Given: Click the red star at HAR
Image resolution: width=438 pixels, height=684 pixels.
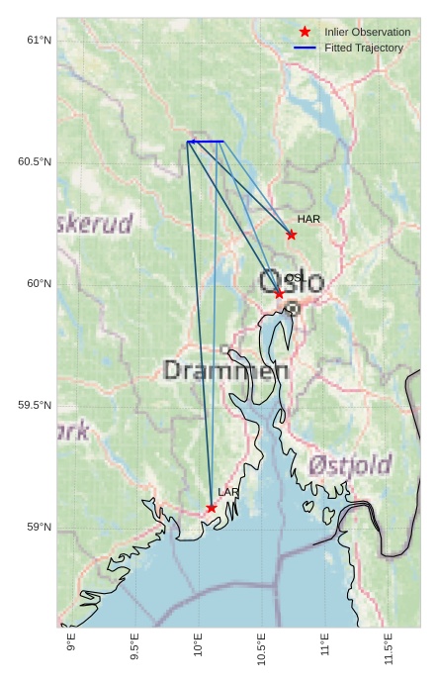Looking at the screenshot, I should click(292, 235).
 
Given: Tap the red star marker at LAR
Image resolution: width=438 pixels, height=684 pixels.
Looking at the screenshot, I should click(212, 508).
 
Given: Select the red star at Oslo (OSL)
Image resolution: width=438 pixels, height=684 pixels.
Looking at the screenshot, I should click(279, 293).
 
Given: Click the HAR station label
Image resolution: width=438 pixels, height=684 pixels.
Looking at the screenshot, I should click(308, 219).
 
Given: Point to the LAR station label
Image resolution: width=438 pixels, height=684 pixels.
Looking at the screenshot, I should click(228, 492).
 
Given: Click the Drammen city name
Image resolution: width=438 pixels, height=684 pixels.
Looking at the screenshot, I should click(225, 371).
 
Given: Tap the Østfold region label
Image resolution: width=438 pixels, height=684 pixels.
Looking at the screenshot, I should click(350, 464).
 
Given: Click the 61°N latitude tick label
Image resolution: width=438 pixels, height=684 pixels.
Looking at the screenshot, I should click(40, 41).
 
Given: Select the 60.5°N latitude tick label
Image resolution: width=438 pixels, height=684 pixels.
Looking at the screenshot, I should click(35, 162).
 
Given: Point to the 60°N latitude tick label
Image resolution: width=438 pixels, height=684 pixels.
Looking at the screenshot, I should click(40, 284).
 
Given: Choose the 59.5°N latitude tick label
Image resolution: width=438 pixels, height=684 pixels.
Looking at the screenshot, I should click(35, 406).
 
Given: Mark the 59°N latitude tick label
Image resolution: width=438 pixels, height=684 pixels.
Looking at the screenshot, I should click(40, 528).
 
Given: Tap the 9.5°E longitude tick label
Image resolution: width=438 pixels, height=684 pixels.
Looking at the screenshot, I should click(134, 649).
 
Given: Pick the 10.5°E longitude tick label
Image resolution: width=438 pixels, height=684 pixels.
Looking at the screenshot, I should click(262, 649).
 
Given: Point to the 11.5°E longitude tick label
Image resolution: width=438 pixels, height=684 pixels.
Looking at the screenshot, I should click(389, 649).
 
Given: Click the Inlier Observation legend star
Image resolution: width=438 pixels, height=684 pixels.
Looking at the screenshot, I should click(305, 32).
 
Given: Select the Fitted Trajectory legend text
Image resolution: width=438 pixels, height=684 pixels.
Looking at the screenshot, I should click(364, 48).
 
